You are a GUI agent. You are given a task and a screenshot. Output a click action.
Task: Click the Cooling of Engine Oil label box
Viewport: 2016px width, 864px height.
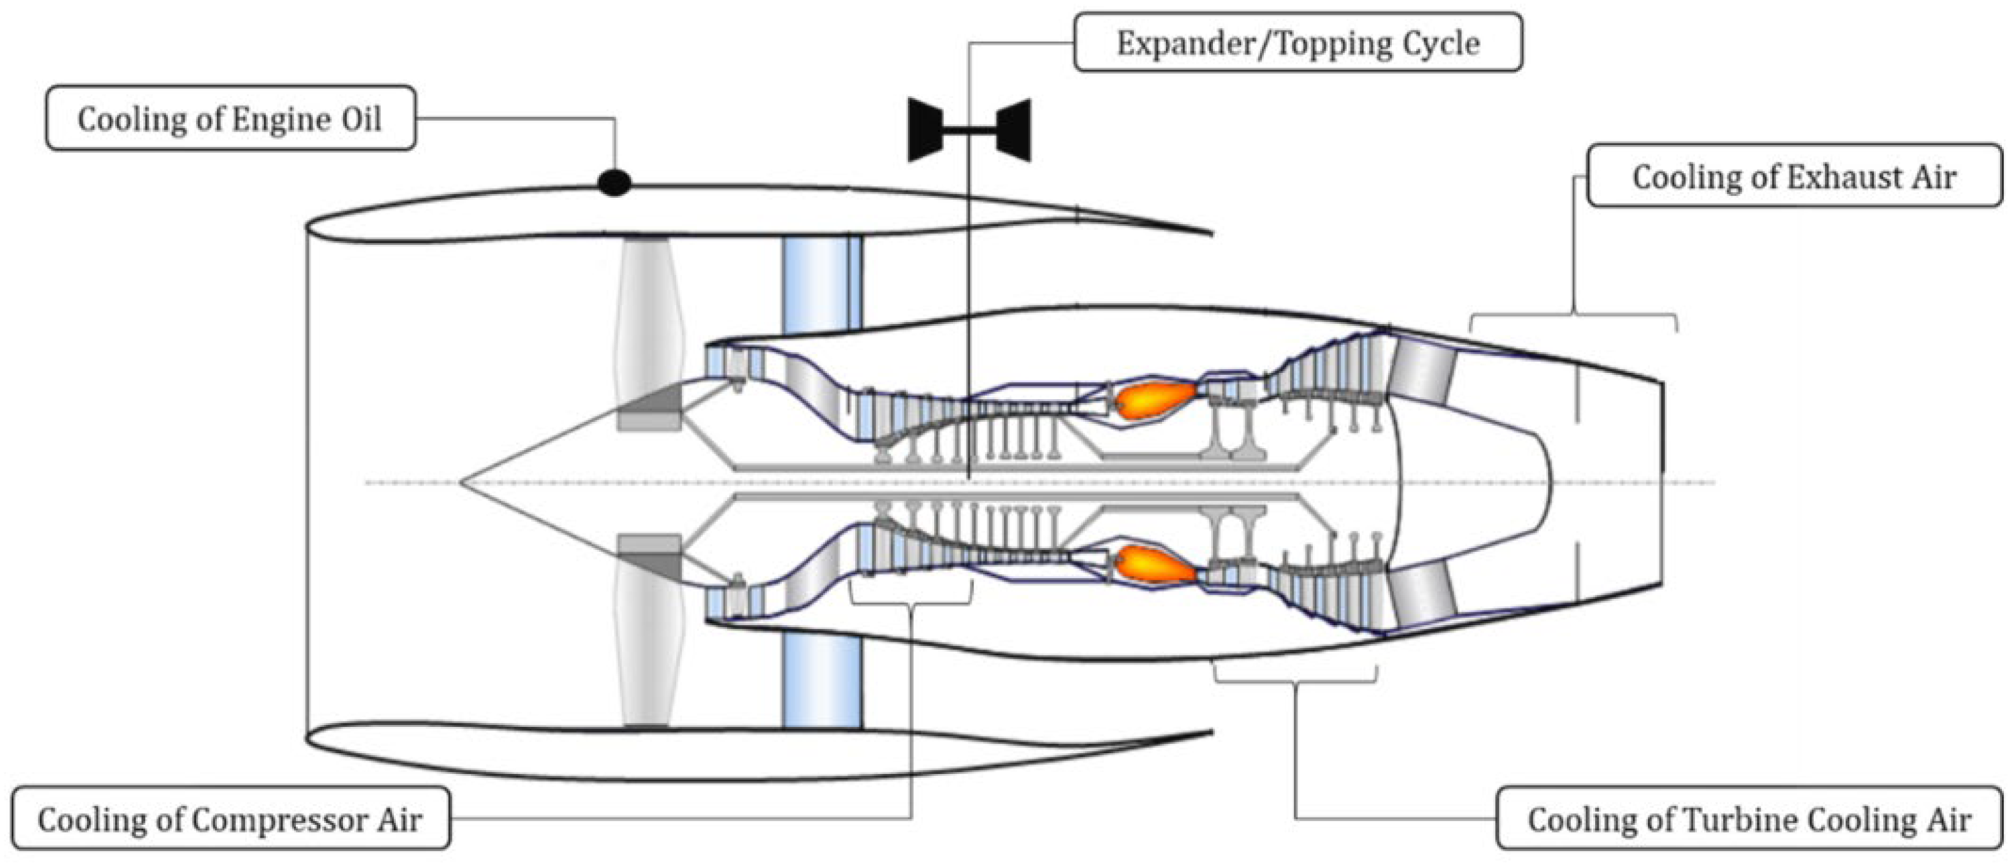(230, 119)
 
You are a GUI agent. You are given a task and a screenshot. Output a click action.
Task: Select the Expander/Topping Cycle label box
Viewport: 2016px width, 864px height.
(1297, 43)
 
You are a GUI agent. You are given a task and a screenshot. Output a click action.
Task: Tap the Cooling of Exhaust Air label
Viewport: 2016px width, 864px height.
(1794, 177)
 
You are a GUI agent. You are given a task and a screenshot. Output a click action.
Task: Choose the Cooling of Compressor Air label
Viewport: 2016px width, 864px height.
(230, 819)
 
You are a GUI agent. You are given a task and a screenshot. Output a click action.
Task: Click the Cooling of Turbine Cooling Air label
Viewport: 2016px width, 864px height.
(1748, 819)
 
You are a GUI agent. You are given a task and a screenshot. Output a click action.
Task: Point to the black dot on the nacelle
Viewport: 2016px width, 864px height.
(614, 183)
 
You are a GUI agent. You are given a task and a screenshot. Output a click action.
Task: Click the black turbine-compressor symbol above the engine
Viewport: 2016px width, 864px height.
(969, 130)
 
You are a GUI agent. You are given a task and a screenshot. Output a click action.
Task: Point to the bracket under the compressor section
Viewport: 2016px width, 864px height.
(911, 603)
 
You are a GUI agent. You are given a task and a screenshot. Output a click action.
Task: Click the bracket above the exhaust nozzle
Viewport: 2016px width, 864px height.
(1573, 315)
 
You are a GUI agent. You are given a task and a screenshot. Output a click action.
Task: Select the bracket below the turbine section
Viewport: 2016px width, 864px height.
(1294, 681)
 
